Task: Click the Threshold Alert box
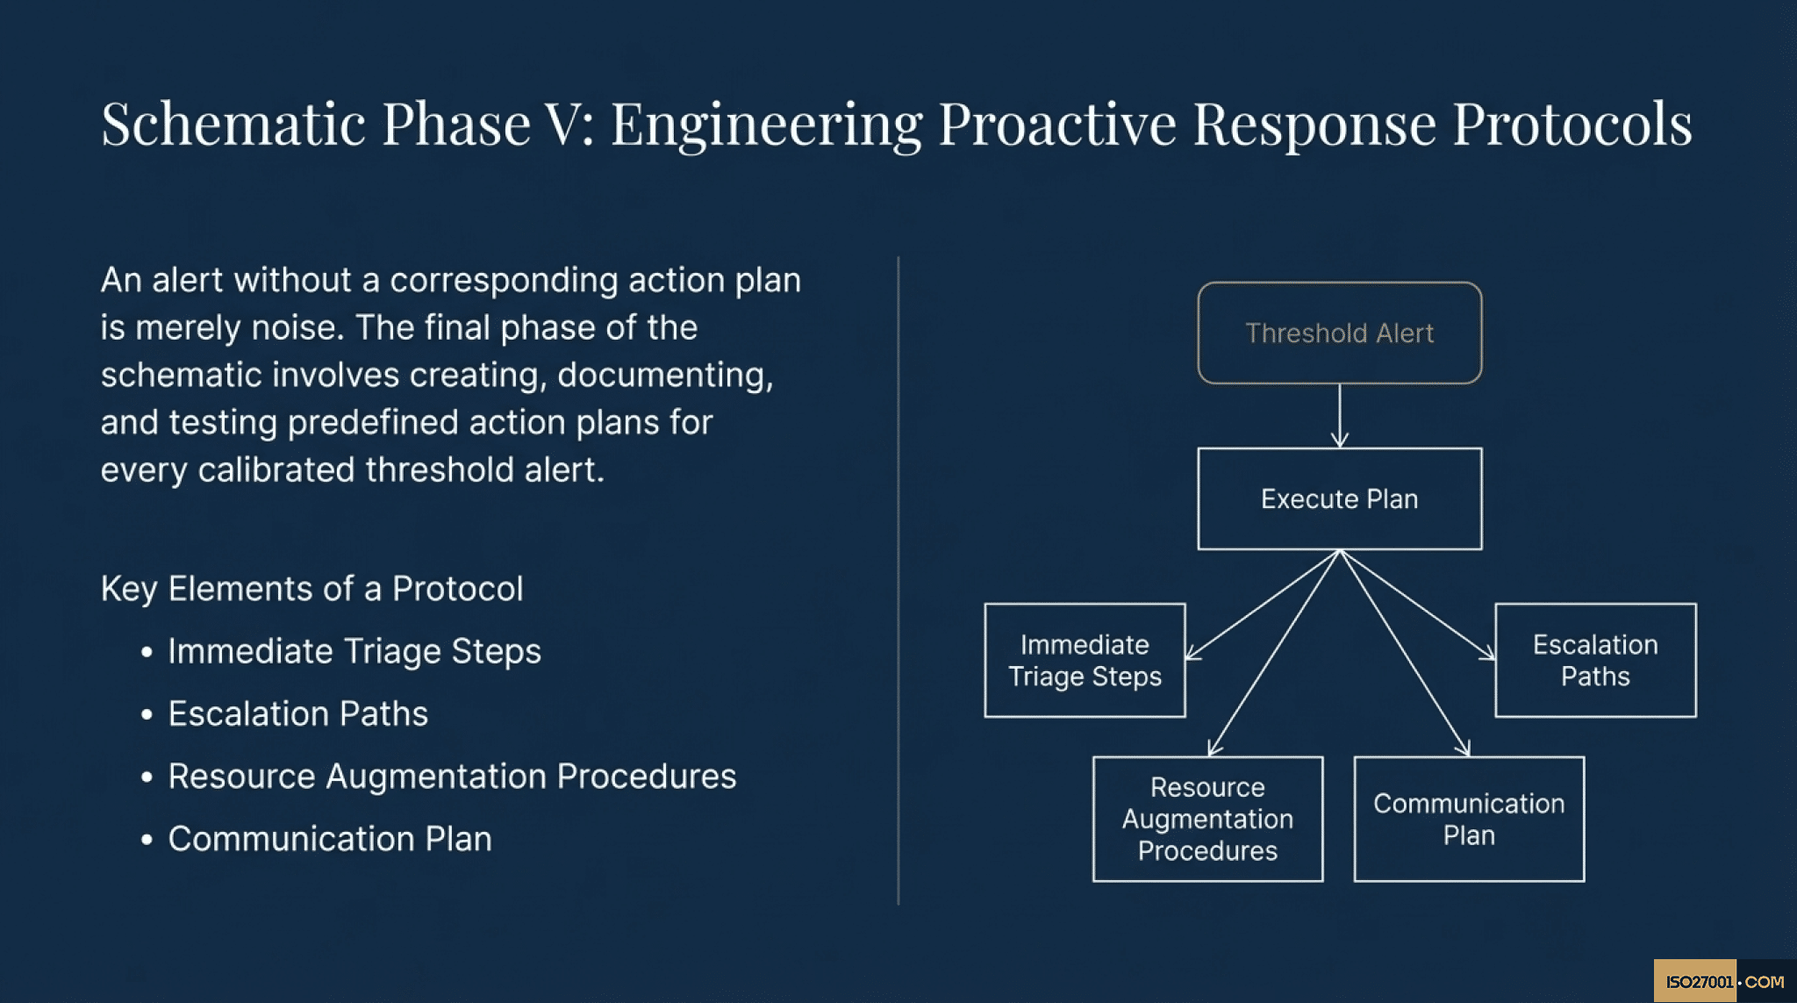click(x=1339, y=333)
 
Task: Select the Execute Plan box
click(x=1339, y=498)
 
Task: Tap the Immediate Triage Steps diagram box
click(x=1085, y=660)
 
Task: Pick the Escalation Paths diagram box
click(x=1594, y=660)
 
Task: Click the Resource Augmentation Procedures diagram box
click(x=1207, y=819)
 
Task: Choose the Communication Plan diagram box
click(x=1468, y=819)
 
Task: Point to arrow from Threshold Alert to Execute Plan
click(x=1339, y=416)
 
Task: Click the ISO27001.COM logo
click(x=1723, y=981)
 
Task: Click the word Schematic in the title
click(x=233, y=124)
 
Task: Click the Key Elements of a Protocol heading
click(x=311, y=589)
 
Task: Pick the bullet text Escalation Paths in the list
click(x=297, y=713)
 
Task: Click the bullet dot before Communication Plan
click(x=147, y=840)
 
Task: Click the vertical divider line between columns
click(x=898, y=579)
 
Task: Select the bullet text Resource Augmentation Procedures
click(x=452, y=777)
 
